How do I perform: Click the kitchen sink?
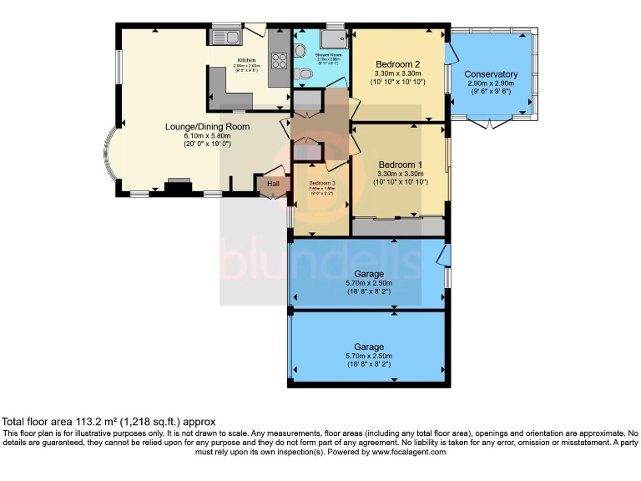(226, 37)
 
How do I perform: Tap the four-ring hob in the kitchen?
(279, 60)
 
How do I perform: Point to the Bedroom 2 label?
(397, 64)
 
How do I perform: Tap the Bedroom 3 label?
(321, 183)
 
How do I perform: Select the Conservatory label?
(492, 74)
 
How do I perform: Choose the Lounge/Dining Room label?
(207, 127)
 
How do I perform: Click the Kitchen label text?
(246, 60)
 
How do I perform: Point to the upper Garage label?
(369, 274)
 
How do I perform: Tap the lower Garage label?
(369, 347)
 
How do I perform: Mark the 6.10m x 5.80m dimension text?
(207, 135)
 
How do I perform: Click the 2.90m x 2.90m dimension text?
(492, 84)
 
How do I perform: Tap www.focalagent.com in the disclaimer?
(404, 452)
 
